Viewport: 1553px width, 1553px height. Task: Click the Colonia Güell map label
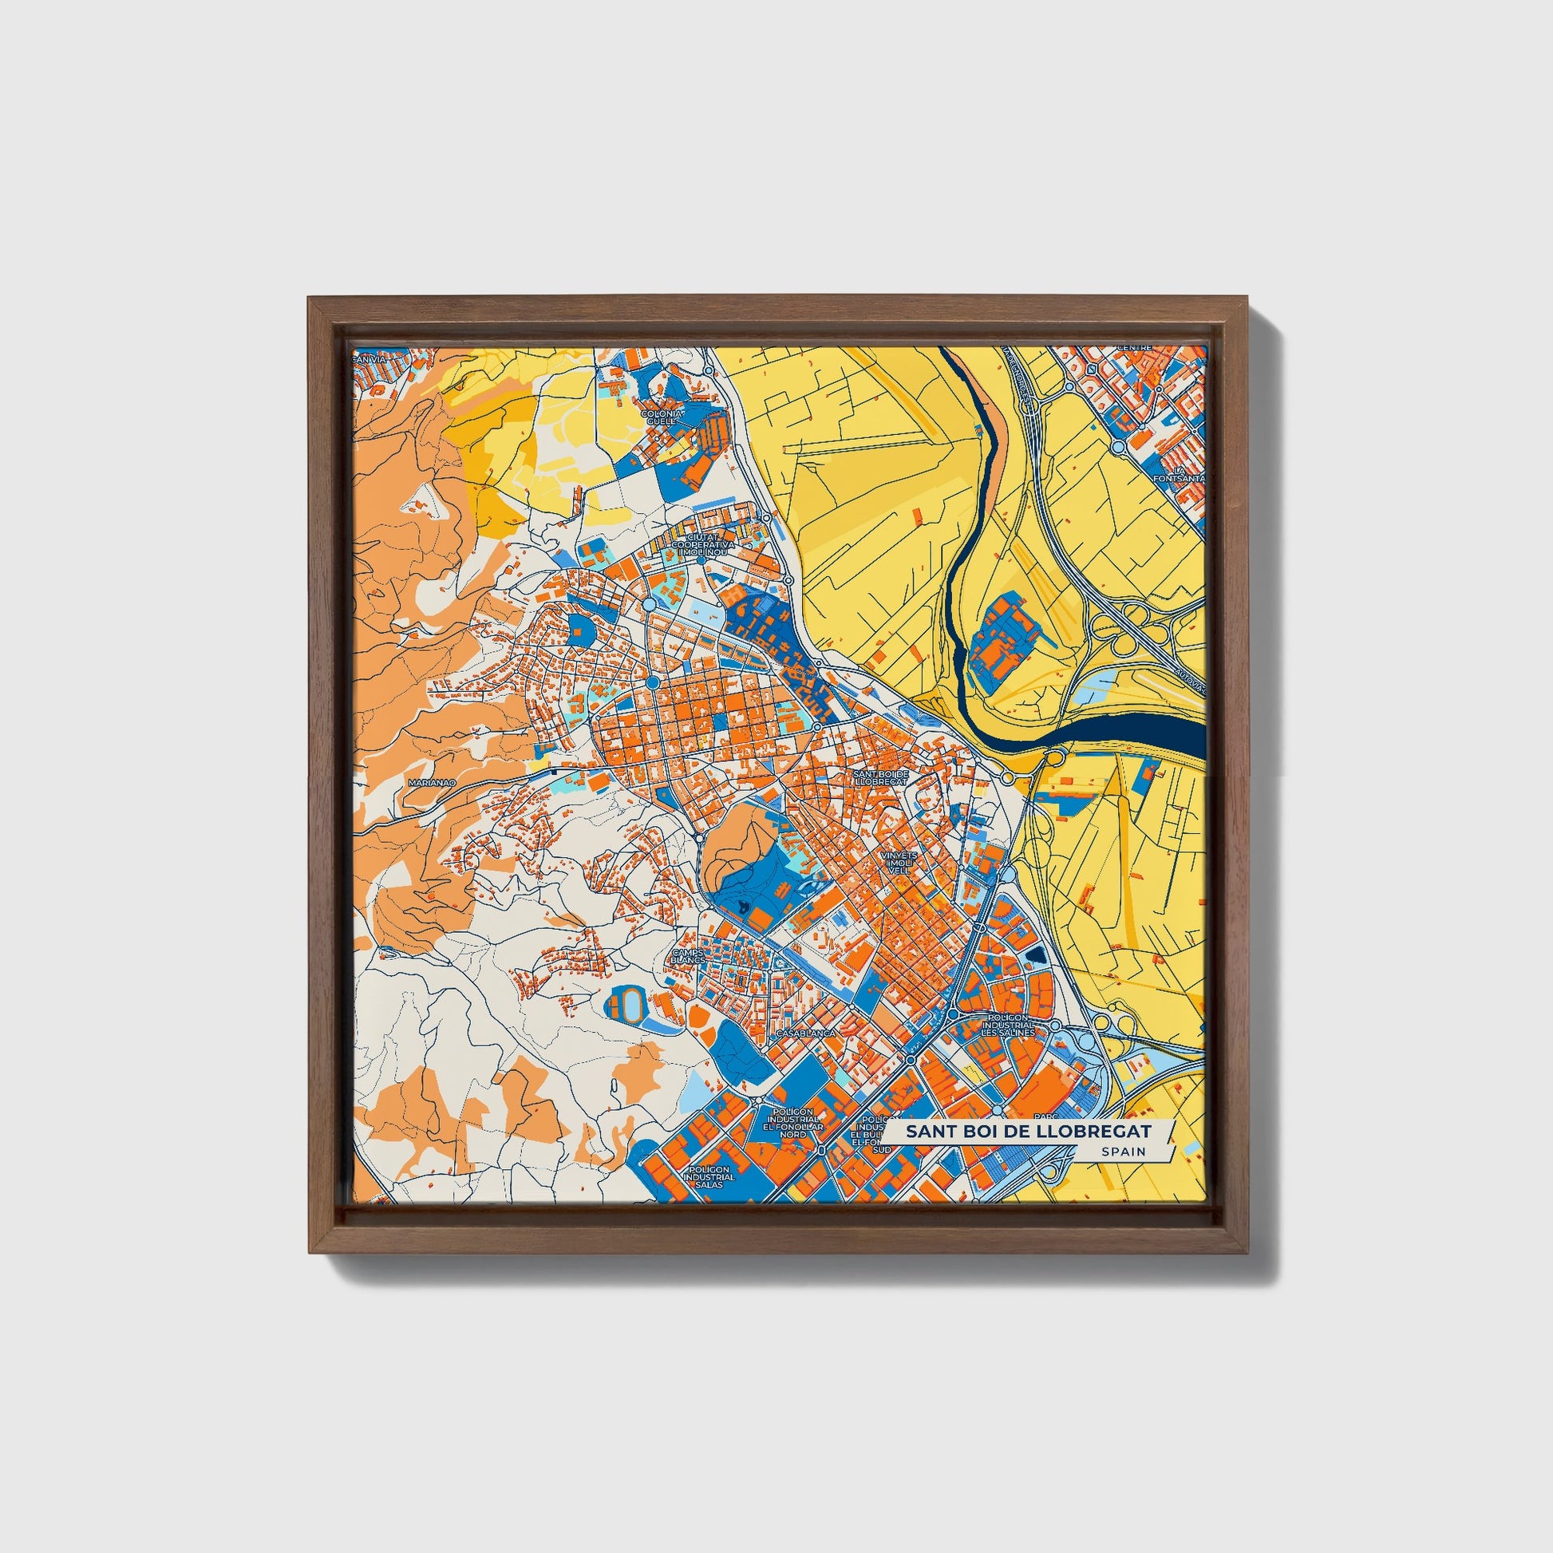coord(663,416)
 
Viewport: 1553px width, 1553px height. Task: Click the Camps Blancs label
coord(688,957)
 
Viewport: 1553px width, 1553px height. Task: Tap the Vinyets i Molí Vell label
coord(897,863)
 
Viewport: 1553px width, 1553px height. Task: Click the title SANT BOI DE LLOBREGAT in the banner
coord(1028,1132)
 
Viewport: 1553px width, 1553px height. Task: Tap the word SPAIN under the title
coord(1124,1151)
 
